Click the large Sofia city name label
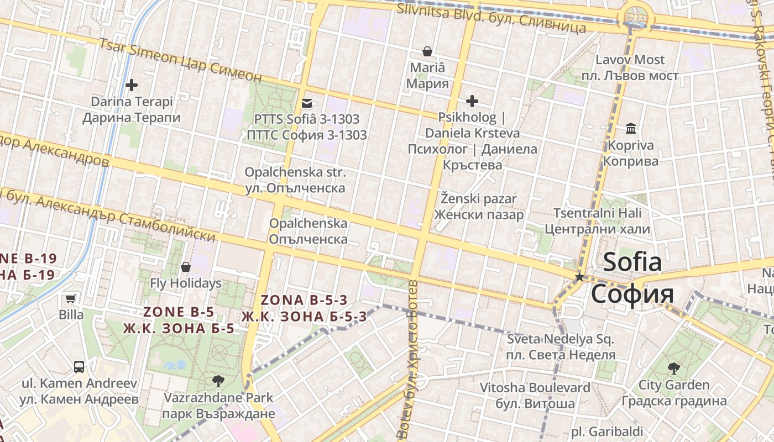pos(632,277)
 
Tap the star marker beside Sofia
pos(579,277)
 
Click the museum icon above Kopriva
pos(630,129)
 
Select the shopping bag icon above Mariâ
pos(427,51)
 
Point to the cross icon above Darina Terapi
pos(132,85)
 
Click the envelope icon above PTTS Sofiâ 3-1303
pos(306,103)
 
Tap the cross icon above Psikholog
pos(472,101)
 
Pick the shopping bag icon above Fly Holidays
pos(186,267)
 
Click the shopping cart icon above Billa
pos(71,299)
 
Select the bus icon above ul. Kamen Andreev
pos(79,366)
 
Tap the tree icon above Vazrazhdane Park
pos(218,381)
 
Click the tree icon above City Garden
pos(673,368)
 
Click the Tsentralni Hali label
pos(597,220)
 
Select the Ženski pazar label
pos(479,207)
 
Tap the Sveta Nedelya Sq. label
pos(561,346)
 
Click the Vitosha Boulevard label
pos(535,396)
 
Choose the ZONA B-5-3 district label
pos(304,308)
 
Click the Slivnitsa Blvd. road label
pos(491,18)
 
